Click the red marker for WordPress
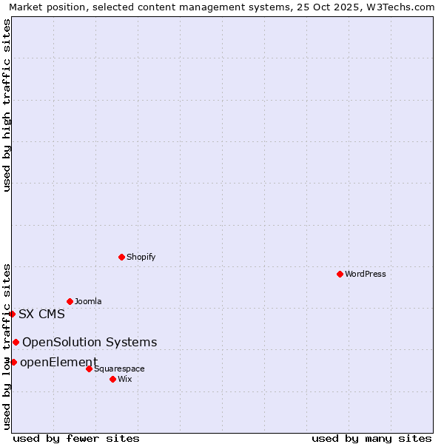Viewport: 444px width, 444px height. [x=340, y=274]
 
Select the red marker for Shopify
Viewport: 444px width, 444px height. [x=121, y=257]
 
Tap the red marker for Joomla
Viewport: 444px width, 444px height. [x=70, y=301]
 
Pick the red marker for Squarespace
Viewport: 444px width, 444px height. [x=89, y=369]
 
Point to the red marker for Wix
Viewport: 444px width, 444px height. [x=112, y=379]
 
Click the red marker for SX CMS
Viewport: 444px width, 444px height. [x=12, y=314]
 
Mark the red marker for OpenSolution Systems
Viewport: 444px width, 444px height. [x=16, y=342]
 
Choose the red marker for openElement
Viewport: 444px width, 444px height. [x=13, y=362]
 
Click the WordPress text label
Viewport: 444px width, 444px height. [x=365, y=274]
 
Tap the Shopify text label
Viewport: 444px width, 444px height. [x=141, y=257]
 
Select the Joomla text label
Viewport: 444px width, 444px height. [x=88, y=301]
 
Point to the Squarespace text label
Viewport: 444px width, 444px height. [x=119, y=369]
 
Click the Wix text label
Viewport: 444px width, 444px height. [x=124, y=379]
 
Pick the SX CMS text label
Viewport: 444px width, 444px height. [x=41, y=314]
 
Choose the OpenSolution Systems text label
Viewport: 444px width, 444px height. [x=90, y=342]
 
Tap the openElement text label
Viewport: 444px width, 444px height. [x=58, y=362]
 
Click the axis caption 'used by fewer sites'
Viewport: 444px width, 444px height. [x=76, y=438]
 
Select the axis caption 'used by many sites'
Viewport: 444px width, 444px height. [x=371, y=438]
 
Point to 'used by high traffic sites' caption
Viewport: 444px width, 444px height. [x=7, y=105]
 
